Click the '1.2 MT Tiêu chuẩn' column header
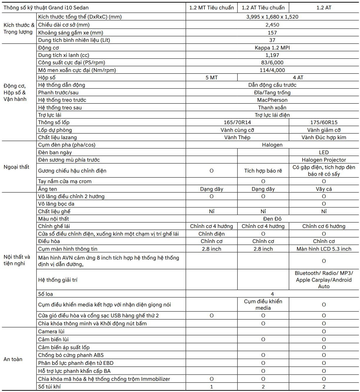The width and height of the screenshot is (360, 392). (212, 8)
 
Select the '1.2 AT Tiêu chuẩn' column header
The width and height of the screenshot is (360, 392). (263, 8)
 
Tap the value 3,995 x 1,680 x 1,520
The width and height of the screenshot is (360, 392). (272, 17)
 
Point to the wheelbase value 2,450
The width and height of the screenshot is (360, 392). (272, 25)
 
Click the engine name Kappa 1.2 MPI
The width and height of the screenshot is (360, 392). (272, 48)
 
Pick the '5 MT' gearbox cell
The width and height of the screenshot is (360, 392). (212, 78)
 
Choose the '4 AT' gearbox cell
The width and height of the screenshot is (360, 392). (298, 78)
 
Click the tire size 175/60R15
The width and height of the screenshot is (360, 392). (324, 122)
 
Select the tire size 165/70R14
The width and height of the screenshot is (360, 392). (237, 122)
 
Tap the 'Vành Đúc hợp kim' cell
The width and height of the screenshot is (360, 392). (324, 137)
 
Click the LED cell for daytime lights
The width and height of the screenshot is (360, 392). (324, 152)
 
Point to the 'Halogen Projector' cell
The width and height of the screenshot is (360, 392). (324, 160)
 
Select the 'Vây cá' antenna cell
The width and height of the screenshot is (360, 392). (324, 189)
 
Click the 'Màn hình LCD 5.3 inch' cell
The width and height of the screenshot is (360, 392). (324, 249)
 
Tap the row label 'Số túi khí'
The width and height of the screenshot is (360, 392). (49, 387)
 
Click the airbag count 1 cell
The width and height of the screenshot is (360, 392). (212, 387)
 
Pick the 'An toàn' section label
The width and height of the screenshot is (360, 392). (13, 359)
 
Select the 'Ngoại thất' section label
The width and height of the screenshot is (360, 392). (16, 167)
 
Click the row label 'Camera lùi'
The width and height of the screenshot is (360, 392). (51, 332)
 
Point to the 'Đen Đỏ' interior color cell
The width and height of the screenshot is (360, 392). (272, 219)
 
